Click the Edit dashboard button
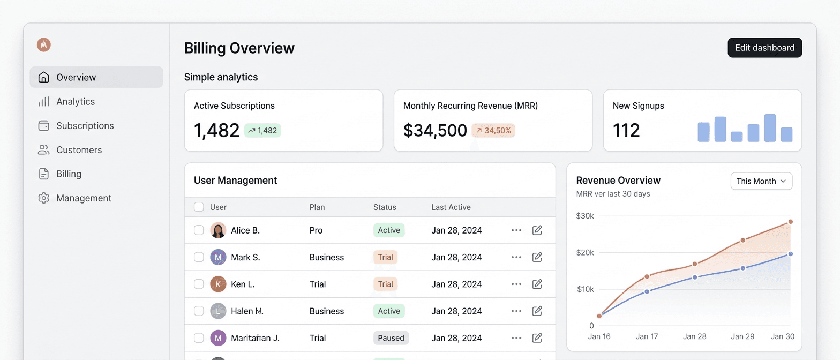click(x=764, y=48)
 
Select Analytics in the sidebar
click(x=76, y=102)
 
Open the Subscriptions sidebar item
click(x=85, y=126)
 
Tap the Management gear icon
click(x=44, y=198)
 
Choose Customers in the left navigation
click(x=79, y=150)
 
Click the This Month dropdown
click(x=761, y=181)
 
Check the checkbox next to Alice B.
click(x=199, y=230)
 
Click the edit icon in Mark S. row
click(x=537, y=257)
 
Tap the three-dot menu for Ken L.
click(x=516, y=284)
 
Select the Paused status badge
click(x=391, y=338)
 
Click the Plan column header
click(x=317, y=207)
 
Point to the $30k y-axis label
click(x=585, y=216)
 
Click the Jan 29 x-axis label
click(x=742, y=336)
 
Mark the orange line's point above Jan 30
click(x=790, y=222)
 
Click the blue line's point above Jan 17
click(x=647, y=291)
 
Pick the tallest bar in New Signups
click(x=770, y=128)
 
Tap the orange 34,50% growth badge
click(x=493, y=130)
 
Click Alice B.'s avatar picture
click(x=218, y=230)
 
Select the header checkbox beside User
click(x=199, y=207)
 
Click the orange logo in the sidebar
click(x=43, y=45)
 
